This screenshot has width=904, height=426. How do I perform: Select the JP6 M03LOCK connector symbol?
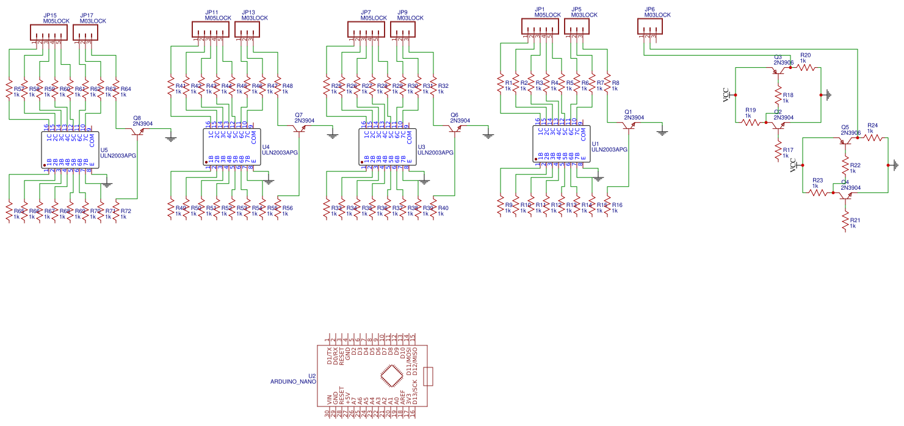pos(649,26)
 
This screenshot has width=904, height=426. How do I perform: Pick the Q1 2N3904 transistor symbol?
pos(631,126)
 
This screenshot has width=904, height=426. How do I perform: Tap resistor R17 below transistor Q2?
pos(778,151)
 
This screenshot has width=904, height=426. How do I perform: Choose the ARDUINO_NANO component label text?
pos(293,381)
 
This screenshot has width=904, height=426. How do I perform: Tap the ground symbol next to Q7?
pos(332,134)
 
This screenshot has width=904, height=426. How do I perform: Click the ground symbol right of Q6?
pos(487,134)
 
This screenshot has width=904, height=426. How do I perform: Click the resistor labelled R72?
pos(116,211)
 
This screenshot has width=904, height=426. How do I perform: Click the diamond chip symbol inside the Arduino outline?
pos(391,377)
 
